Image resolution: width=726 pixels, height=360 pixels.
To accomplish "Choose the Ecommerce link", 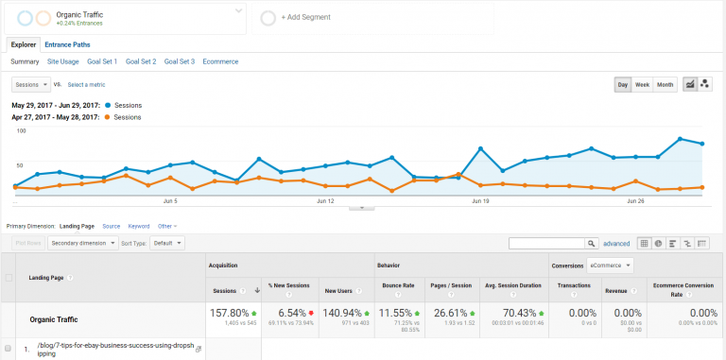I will (220, 61).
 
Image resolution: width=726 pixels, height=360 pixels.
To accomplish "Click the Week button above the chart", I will (642, 85).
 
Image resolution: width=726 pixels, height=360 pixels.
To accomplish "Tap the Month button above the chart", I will (665, 85).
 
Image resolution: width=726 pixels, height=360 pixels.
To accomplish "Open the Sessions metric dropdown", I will (32, 85).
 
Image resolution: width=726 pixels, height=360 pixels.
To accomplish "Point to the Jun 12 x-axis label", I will (325, 200).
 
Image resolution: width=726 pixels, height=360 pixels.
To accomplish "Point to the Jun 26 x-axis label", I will (635, 200).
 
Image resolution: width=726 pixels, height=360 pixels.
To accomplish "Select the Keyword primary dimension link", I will (139, 226).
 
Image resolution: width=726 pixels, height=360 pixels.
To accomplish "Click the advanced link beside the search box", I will (616, 243).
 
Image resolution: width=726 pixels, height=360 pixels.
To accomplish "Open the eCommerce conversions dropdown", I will (610, 266).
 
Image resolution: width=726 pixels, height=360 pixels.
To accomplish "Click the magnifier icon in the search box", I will (592, 243).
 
